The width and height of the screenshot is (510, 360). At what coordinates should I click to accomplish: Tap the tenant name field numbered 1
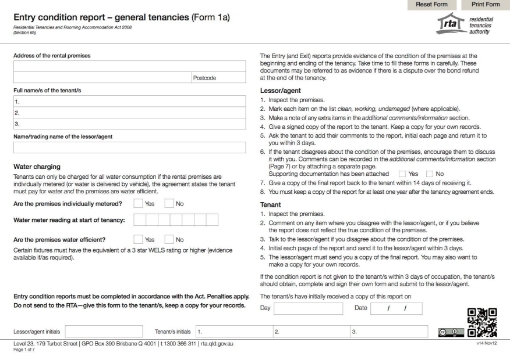tap(128, 102)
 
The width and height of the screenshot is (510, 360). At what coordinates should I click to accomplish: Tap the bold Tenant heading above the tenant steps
tap(270, 177)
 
